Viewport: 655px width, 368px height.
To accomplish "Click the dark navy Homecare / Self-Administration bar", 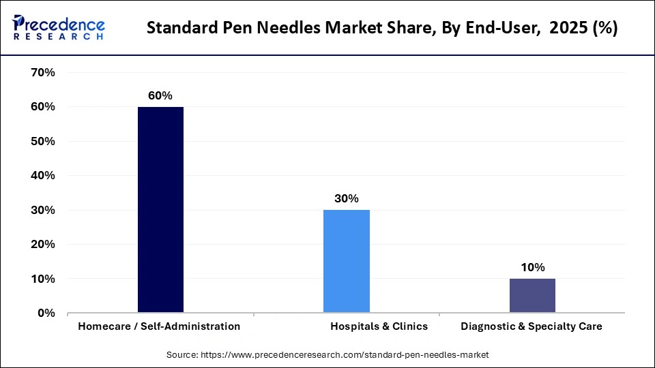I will (160, 210).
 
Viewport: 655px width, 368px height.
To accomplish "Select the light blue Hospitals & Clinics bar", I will (346, 261).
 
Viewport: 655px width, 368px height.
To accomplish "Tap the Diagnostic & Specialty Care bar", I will (532, 296).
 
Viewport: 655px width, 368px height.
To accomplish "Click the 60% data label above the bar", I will (160, 96).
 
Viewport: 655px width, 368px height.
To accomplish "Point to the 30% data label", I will (346, 199).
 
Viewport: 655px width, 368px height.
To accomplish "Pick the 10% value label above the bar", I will (532, 268).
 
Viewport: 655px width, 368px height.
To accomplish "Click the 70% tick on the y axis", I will (42, 72).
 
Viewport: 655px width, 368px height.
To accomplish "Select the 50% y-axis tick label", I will (42, 141).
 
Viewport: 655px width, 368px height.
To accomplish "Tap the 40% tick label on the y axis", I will (42, 176).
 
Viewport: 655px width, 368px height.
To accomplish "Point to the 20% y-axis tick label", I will (42, 245).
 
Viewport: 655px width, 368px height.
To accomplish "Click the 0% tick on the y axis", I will (46, 313).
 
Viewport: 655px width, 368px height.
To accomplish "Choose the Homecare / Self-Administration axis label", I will (159, 326).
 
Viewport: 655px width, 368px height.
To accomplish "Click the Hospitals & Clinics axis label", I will (379, 326).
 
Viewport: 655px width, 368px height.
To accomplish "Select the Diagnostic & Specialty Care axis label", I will (532, 326).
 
